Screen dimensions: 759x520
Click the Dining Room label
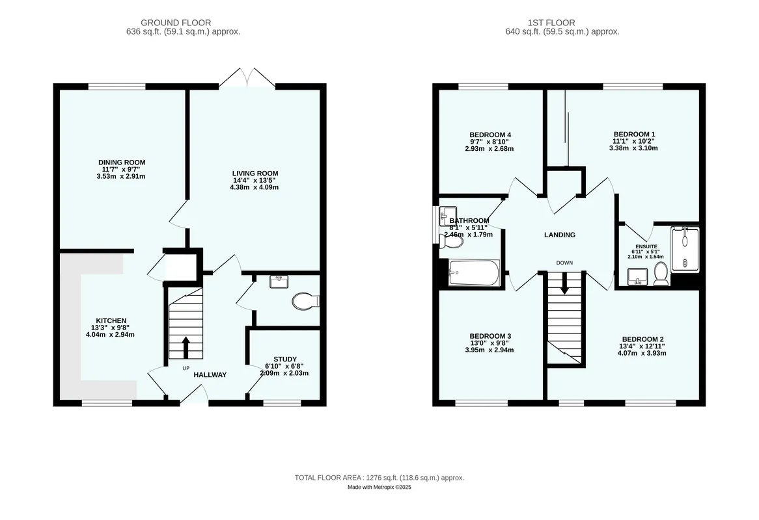pos(122,162)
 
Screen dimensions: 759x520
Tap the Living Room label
pos(255,174)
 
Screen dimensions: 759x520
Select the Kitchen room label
pos(111,320)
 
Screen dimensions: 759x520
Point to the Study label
pos(285,359)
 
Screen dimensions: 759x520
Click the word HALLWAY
pos(210,374)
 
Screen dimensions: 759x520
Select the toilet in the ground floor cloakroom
pos(305,301)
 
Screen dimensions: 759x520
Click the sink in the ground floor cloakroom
pos(279,281)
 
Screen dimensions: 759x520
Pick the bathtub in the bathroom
pos(474,273)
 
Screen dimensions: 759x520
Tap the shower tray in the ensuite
pos(685,250)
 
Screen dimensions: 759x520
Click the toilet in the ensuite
pos(661,274)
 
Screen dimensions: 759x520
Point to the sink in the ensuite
pos(637,277)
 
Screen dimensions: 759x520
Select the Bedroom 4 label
pos(490,135)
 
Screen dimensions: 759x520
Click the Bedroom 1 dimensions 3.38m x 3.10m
pos(633,148)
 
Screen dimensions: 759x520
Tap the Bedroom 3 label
pos(490,336)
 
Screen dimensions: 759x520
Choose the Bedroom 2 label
pos(642,339)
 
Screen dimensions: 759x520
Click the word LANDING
pos(560,235)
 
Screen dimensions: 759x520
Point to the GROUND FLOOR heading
pos(176,23)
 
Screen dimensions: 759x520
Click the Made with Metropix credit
pos(379,487)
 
